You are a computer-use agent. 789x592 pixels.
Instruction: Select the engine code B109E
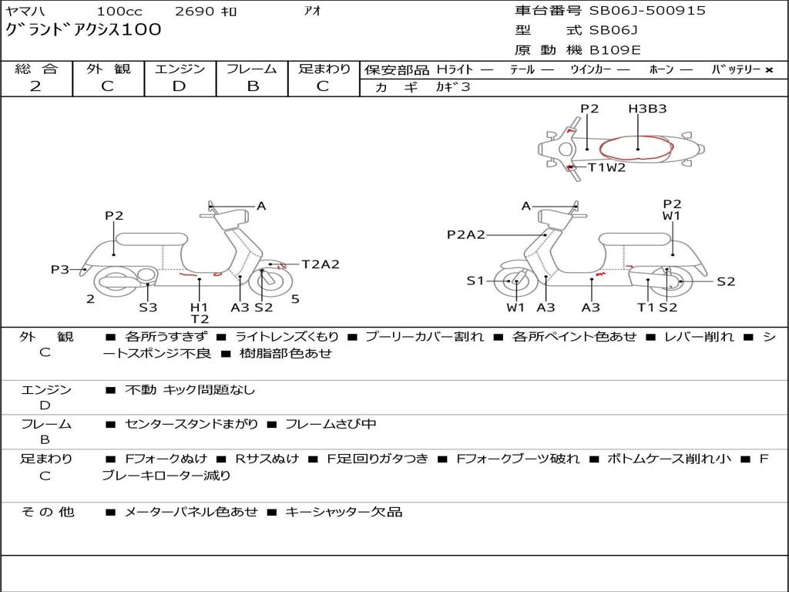click(x=614, y=51)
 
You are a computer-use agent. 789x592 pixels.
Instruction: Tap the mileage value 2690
click(x=195, y=12)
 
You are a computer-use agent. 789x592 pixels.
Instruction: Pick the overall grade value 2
click(x=35, y=86)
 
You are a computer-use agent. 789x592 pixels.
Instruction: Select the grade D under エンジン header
click(x=179, y=86)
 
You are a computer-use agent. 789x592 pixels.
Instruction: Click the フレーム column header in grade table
click(x=252, y=69)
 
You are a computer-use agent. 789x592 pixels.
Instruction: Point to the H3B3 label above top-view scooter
click(x=646, y=109)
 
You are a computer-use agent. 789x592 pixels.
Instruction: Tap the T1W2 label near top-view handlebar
click(x=606, y=167)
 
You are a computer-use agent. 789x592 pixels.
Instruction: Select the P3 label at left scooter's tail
click(x=60, y=269)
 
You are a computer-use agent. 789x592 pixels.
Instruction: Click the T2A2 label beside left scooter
click(x=320, y=264)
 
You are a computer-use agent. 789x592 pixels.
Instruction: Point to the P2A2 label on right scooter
click(x=465, y=235)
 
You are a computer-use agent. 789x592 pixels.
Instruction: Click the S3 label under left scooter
click(x=148, y=307)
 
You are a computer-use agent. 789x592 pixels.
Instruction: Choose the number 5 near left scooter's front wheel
click(x=295, y=299)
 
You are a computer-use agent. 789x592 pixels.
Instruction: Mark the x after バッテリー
click(x=768, y=70)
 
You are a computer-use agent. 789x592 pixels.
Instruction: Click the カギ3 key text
click(x=455, y=87)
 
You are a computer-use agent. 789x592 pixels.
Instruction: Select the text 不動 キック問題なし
click(x=190, y=390)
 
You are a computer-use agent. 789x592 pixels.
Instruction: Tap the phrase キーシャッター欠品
click(x=344, y=512)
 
